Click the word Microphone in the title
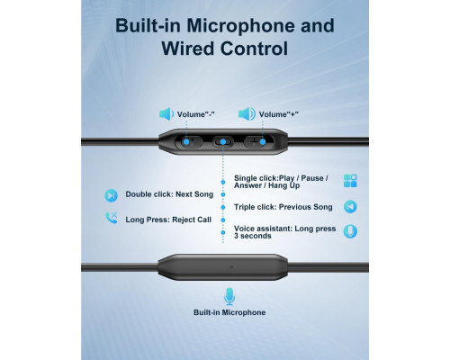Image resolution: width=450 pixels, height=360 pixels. (241, 26)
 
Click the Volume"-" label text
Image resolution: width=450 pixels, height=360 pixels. (195, 114)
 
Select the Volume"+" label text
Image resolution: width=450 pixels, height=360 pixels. (278, 114)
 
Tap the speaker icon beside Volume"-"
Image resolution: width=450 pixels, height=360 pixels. (166, 114)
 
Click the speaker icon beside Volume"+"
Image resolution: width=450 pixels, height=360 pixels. (247, 114)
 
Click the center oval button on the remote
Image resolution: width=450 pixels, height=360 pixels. (223, 142)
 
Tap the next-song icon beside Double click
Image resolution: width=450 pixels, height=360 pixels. (111, 195)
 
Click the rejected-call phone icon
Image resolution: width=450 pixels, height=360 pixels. (111, 218)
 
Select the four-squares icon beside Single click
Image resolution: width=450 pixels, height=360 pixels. (350, 181)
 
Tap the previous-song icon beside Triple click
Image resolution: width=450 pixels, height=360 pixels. (350, 207)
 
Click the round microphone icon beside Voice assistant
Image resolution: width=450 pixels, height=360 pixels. (350, 231)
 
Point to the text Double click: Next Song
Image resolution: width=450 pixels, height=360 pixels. (169, 194)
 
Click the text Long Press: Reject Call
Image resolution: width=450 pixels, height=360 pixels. (168, 220)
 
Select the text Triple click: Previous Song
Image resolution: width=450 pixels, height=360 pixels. (283, 207)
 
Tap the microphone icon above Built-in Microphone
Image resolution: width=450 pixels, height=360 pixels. (229, 296)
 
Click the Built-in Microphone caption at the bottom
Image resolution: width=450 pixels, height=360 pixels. (229, 312)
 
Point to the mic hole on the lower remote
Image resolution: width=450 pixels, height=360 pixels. (230, 266)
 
